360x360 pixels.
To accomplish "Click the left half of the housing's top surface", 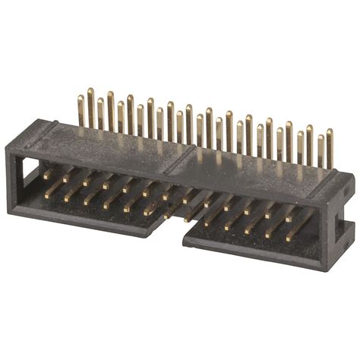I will tap(106, 144).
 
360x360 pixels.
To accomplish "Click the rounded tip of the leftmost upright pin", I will tap(81, 97).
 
